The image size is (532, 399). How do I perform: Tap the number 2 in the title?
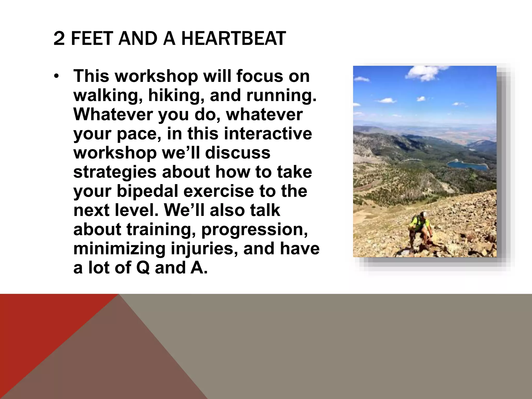coord(59,39)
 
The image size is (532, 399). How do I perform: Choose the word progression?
coord(255,230)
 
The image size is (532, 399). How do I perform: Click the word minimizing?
coord(119,249)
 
